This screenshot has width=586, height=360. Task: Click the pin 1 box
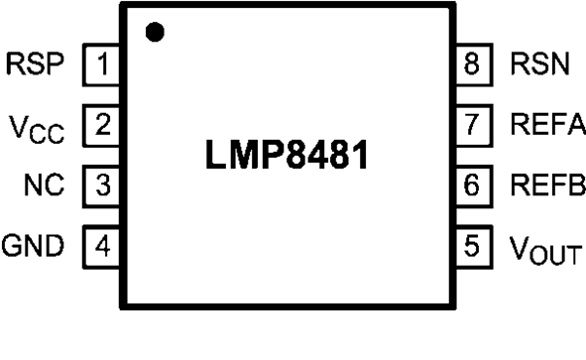click(x=102, y=66)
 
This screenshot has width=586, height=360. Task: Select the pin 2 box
click(x=102, y=125)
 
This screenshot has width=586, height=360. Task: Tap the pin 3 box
click(x=102, y=184)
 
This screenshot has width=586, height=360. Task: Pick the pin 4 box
click(x=102, y=244)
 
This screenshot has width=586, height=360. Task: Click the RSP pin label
click(x=38, y=66)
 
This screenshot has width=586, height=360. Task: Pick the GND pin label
click(x=35, y=244)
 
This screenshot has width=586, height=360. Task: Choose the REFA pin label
click(x=546, y=125)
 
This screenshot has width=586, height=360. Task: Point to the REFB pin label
click(x=546, y=184)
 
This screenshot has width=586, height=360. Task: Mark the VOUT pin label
click(x=541, y=246)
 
